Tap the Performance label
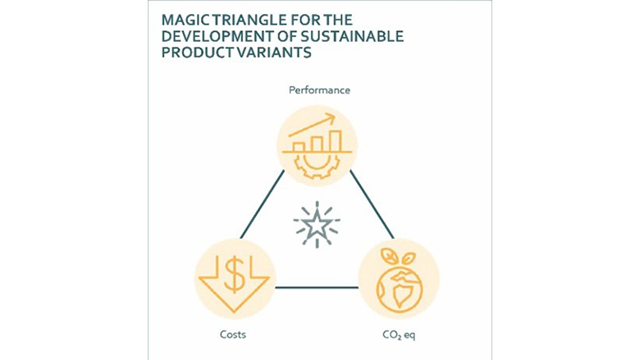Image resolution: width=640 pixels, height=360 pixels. click(x=319, y=89)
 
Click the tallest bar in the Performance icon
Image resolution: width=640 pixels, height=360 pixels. click(x=334, y=139)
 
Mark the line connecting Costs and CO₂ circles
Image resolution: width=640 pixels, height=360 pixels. click(x=317, y=288)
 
